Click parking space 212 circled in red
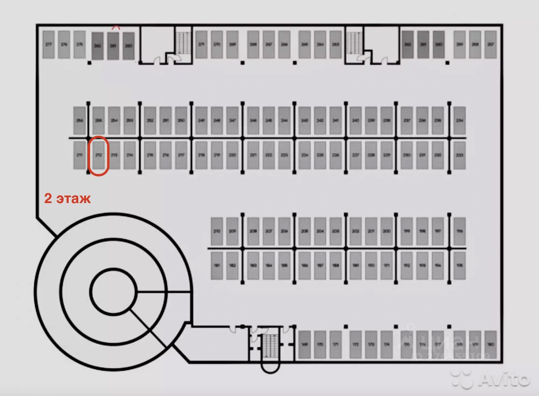[99, 155]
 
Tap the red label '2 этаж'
[67, 198]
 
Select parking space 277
[48, 44]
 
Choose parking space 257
[490, 44]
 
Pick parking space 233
[459, 155]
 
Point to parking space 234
[459, 121]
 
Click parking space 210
[217, 231]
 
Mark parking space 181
[217, 265]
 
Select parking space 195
[459, 265]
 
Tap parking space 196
[459, 231]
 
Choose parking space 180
[490, 345]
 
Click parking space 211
[80, 155]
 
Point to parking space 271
[202, 44]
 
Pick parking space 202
[355, 231]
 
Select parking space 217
[181, 155]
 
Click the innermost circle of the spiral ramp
[113, 291]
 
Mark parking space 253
[130, 121]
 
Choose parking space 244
[284, 121]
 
